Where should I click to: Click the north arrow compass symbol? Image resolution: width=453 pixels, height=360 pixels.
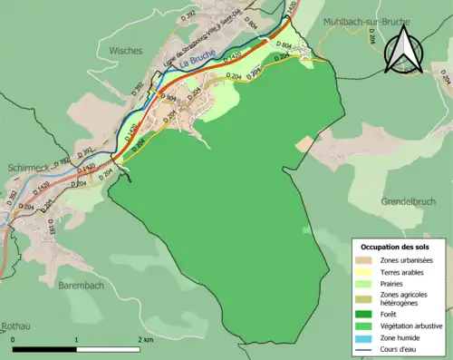pos(404,49)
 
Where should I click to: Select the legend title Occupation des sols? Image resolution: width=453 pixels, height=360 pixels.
pos(395,247)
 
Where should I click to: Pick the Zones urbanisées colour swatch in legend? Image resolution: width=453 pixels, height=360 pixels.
pos(366,260)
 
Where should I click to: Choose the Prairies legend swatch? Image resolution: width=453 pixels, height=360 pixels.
pos(366,283)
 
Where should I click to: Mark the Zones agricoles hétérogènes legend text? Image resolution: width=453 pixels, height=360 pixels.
pos(405,298)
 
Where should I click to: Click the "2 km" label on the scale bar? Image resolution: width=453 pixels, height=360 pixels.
pos(145,339)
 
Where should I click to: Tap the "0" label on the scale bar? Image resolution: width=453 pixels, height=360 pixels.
pos(14,339)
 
